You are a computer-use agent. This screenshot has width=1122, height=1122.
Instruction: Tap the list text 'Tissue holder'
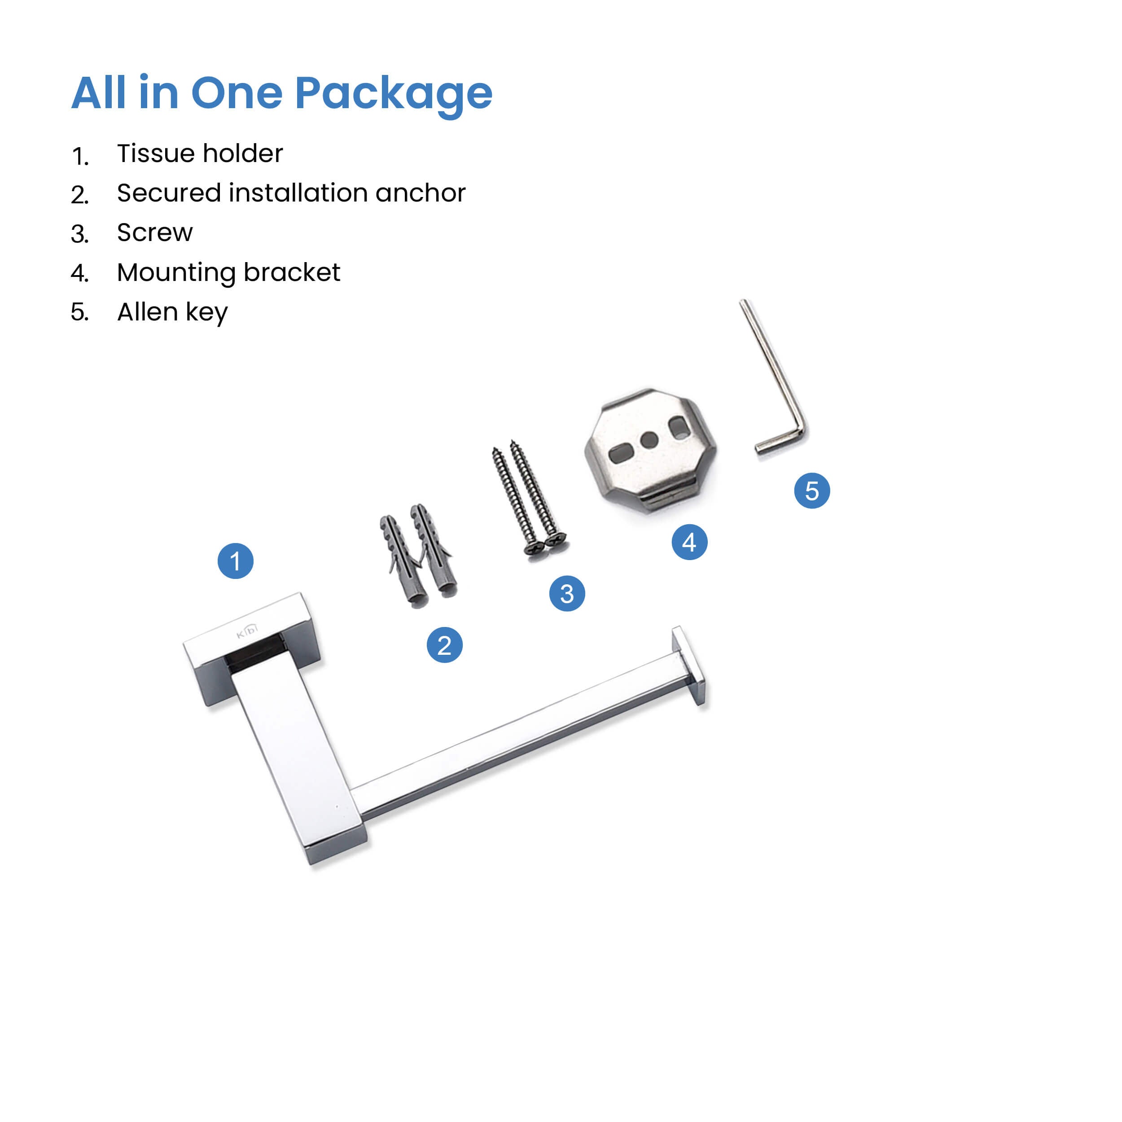(x=200, y=153)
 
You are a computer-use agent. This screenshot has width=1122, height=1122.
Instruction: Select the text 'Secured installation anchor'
(x=291, y=193)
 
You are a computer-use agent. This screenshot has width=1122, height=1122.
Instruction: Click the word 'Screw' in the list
(x=154, y=232)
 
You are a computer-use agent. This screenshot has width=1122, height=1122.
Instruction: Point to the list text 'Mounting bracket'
(x=228, y=273)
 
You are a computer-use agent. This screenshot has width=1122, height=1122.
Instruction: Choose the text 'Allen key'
(x=172, y=312)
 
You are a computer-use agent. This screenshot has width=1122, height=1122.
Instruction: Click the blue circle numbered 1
(x=235, y=561)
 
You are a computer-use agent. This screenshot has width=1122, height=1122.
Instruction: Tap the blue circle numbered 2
(x=444, y=645)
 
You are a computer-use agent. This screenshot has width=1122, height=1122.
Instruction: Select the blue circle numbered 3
(x=567, y=593)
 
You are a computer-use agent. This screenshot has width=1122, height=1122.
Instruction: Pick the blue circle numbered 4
(x=689, y=542)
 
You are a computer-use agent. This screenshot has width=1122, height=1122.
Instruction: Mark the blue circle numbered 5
(x=812, y=491)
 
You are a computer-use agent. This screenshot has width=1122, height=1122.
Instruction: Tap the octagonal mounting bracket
(x=650, y=450)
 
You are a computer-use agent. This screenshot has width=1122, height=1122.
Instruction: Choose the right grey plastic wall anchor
(x=434, y=549)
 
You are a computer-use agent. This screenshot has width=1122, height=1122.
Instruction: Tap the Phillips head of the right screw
(x=556, y=539)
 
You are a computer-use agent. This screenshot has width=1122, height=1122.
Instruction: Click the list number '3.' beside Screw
(x=79, y=234)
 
